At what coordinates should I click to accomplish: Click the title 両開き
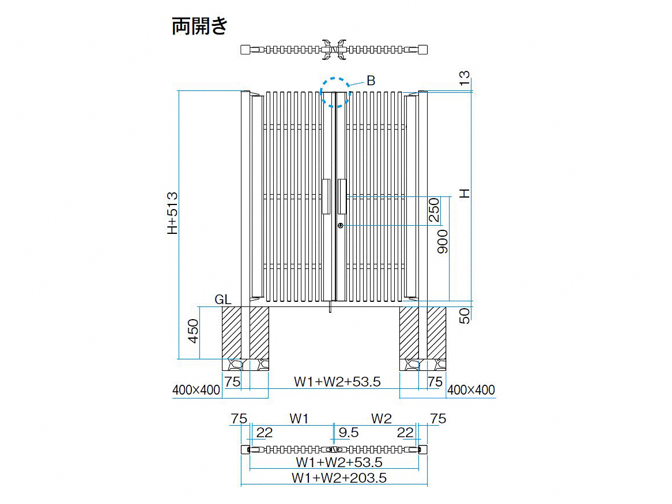coord(200,26)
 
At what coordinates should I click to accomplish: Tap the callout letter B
coord(371,81)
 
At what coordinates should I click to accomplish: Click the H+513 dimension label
coord(172,213)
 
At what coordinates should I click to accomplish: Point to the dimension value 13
coord(465,78)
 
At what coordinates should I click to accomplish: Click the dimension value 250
coord(435,210)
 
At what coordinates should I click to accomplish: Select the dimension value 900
coord(443,242)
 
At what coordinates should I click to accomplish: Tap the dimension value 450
coord(193,331)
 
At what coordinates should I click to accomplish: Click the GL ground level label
coord(223,300)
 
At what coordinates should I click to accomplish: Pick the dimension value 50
coord(465,315)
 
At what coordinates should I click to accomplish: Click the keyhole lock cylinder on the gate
coord(340,225)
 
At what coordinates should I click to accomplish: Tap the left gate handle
coord(326,196)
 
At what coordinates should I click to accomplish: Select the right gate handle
coord(342,196)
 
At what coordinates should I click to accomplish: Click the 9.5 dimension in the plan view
coord(349,433)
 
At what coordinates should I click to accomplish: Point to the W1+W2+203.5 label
coord(339,478)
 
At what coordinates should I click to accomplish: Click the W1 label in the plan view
coord(299,418)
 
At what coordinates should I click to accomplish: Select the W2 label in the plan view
coord(382,418)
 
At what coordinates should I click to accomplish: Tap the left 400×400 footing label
coord(196,390)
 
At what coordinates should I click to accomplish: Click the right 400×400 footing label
coord(471,390)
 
